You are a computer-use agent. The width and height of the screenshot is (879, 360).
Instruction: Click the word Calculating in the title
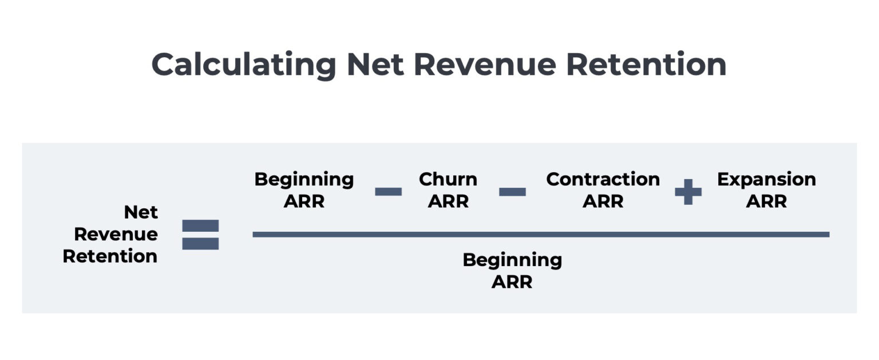coord(244,64)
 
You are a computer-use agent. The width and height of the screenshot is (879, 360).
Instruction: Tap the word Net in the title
coord(374,64)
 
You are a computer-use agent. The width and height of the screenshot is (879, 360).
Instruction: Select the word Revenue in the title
coord(485,64)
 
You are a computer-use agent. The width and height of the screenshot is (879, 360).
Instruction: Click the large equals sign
coord(200,235)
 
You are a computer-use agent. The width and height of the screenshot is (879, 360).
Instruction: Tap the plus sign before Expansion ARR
coord(688,191)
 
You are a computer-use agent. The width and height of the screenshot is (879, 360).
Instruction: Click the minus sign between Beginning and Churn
coord(388,191)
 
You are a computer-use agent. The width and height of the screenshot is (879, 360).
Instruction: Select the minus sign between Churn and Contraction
coord(512,191)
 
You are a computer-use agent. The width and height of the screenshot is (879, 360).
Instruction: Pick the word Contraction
coord(603,179)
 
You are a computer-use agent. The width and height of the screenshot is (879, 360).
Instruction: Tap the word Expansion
coord(766,179)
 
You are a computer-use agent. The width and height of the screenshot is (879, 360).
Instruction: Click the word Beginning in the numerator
coord(304,179)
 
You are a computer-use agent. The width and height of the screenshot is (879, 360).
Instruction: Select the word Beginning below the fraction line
coord(512,260)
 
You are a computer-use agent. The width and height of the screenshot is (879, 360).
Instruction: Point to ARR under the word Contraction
coord(603,201)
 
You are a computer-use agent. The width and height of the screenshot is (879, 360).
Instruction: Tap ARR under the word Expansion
coord(766,201)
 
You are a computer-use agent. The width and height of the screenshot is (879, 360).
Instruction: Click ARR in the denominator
coord(512,282)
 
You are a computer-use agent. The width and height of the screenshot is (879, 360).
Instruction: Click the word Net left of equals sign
coord(141,212)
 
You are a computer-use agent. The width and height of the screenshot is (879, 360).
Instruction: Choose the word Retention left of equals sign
coord(110,256)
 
